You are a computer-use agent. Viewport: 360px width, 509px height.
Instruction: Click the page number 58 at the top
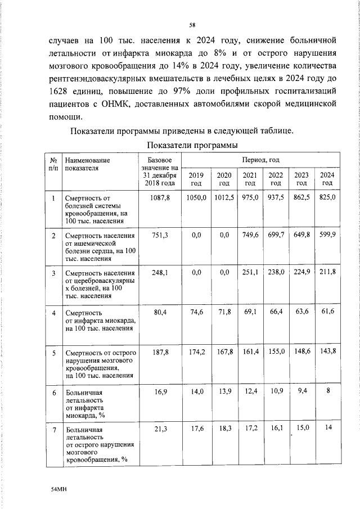[192, 25]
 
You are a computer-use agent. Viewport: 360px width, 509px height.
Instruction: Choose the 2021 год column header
[250, 179]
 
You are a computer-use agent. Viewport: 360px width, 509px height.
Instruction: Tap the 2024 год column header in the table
[327, 179]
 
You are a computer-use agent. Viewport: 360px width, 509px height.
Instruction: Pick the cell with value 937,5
[276, 198]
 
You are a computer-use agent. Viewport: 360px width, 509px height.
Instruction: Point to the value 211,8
[327, 272]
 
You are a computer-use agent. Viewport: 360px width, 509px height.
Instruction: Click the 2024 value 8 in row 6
[327, 390]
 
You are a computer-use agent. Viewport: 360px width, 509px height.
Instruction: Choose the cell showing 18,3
[224, 429]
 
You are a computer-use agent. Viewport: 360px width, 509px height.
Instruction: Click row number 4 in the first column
[53, 312]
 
